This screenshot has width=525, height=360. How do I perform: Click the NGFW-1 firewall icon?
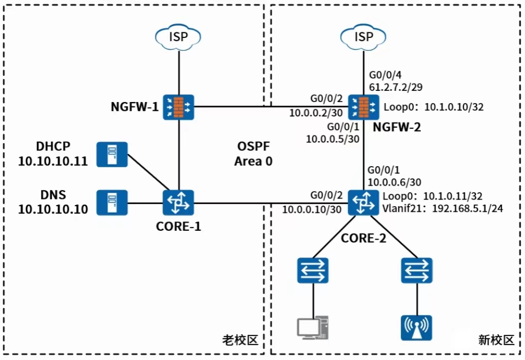[x=178, y=107]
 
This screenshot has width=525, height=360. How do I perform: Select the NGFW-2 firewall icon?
[x=364, y=107]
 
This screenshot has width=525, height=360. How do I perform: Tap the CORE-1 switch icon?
[x=178, y=203]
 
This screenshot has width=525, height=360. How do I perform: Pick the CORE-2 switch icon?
[x=364, y=203]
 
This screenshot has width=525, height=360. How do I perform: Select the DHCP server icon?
[x=112, y=154]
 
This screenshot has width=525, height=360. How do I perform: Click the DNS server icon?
[x=112, y=203]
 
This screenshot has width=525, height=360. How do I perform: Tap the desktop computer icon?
[x=313, y=328]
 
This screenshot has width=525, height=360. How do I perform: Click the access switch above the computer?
[x=313, y=270]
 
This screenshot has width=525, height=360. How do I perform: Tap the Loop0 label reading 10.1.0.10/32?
[x=434, y=107]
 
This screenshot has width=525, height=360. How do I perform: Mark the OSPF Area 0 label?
[x=253, y=154]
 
